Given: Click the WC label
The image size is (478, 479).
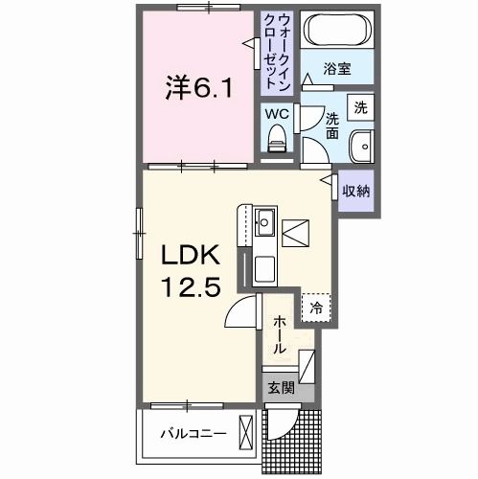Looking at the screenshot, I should (276, 113).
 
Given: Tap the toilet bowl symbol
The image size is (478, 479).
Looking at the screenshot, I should (277, 140).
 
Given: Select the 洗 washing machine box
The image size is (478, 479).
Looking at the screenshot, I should (359, 108).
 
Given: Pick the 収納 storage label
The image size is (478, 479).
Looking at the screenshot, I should (355, 191).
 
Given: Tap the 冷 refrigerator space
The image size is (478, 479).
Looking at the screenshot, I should (315, 308).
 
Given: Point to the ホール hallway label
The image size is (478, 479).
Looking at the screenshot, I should (279, 335).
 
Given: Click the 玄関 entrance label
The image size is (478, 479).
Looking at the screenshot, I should (278, 388).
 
